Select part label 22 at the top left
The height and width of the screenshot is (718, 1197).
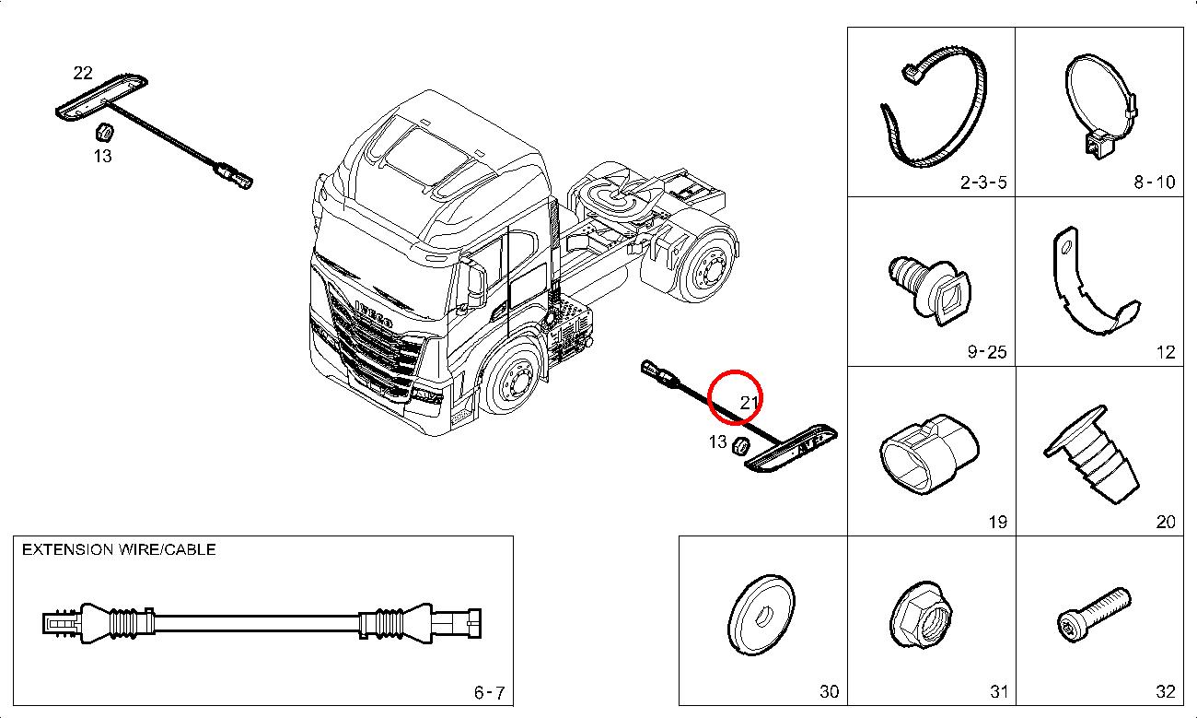[x=83, y=73]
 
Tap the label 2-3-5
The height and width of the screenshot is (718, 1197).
[x=983, y=182]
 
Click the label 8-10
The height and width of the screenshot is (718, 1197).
[x=1154, y=182]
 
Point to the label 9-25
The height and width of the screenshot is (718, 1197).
[x=986, y=352]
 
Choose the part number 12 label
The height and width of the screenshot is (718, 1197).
[x=1165, y=352]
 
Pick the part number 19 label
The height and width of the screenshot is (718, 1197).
[x=997, y=523]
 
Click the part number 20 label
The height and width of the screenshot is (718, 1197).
[x=1165, y=523]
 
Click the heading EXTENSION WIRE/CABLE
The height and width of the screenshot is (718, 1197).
[x=119, y=549]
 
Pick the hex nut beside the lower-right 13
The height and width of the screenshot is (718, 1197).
[x=738, y=446]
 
